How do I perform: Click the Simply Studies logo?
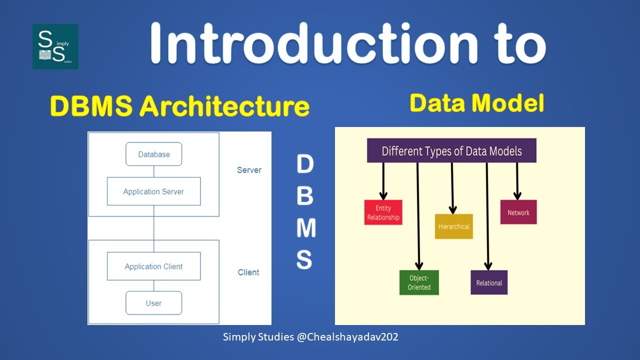55,46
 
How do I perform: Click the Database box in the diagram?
153,154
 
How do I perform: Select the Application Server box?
153,191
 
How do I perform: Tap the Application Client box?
153,266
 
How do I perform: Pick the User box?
153,303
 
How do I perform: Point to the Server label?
249,170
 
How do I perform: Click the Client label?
248,272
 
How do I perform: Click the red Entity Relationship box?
383,212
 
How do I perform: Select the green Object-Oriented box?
419,282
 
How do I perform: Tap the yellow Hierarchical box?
453,226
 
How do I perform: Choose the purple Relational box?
489,282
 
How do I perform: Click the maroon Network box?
518,212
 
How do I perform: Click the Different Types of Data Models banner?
451,151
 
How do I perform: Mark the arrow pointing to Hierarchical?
452,188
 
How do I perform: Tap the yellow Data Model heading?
476,103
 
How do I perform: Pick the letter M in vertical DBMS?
305,228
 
